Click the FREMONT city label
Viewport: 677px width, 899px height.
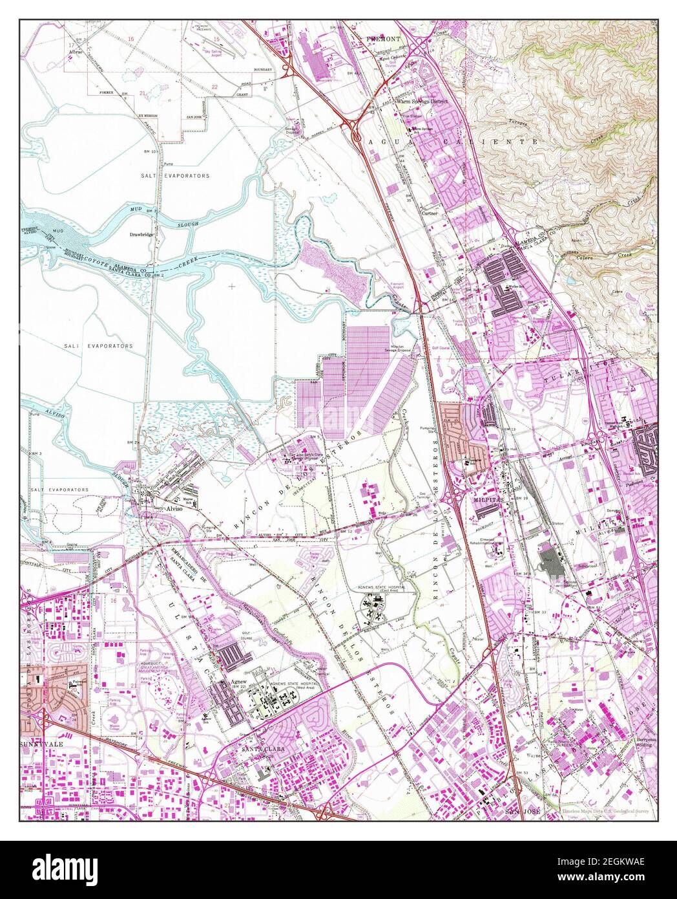[x=384, y=39]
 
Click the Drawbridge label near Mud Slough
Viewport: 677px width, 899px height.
[x=141, y=235]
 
